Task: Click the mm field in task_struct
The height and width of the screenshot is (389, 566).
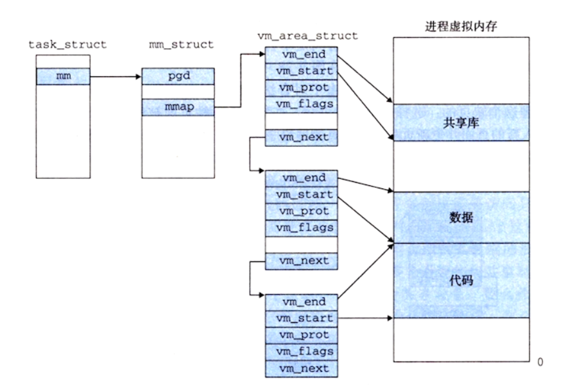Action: tap(63, 76)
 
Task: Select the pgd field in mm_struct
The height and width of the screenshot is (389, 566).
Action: tap(178, 76)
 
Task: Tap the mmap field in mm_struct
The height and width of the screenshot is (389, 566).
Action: tap(178, 107)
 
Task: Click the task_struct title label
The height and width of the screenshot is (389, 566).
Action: tap(67, 45)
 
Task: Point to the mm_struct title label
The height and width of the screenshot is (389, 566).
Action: tap(181, 45)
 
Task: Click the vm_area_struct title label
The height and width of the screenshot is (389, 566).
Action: tap(307, 36)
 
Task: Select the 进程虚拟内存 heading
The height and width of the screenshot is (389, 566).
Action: tap(461, 26)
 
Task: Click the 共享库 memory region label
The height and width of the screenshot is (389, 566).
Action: tap(461, 123)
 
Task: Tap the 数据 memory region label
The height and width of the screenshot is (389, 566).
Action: tap(461, 217)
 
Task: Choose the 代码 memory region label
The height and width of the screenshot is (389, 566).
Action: tap(461, 280)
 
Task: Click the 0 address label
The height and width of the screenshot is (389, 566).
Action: tap(540, 361)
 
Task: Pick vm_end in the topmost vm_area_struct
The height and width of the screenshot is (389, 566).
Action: tap(302, 55)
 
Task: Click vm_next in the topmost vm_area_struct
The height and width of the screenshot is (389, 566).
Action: tap(302, 138)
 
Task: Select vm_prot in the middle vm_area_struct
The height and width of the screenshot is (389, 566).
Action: tap(302, 211)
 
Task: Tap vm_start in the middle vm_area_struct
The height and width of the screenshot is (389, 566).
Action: tap(302, 195)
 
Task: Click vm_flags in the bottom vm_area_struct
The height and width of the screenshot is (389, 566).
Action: tap(302, 352)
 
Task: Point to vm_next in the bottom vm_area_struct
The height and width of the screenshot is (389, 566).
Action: tap(302, 368)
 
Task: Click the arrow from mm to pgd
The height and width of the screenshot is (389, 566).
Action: tap(116, 76)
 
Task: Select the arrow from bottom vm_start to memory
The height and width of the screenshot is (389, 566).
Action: tap(365, 318)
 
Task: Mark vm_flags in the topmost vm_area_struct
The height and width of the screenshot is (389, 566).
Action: tap(302, 104)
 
